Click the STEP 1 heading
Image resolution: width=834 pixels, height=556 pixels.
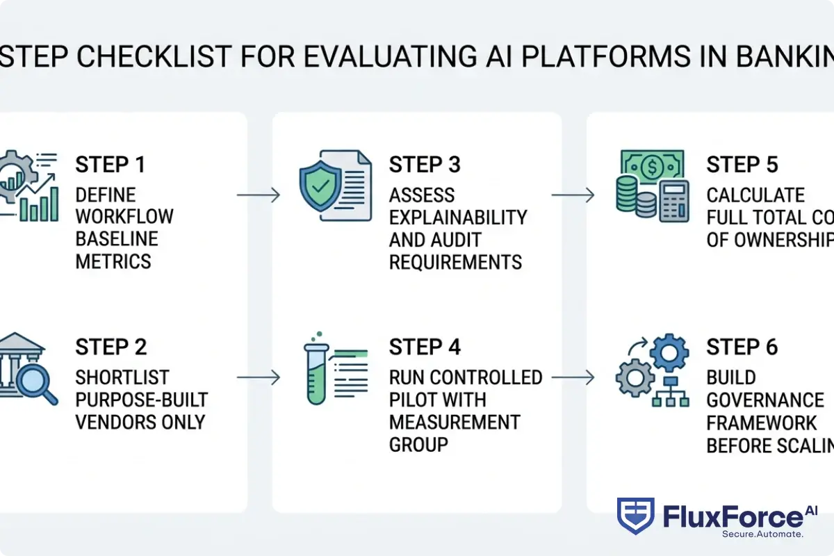click(x=111, y=165)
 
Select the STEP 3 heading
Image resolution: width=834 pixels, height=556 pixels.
click(x=425, y=165)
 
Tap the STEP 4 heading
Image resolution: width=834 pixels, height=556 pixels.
click(x=425, y=347)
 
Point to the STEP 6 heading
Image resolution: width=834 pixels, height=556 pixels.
click(x=742, y=347)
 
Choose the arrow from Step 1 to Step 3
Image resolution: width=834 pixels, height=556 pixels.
click(x=258, y=195)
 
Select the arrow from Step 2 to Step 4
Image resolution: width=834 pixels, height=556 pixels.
click(x=258, y=377)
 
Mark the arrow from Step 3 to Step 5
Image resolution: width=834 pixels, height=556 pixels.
click(x=573, y=195)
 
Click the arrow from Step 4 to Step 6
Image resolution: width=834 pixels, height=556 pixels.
click(x=573, y=377)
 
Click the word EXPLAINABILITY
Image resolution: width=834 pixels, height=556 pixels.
click(x=458, y=217)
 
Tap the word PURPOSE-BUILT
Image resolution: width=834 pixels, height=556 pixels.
click(x=142, y=400)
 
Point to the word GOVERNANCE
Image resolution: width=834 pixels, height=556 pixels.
click(x=765, y=400)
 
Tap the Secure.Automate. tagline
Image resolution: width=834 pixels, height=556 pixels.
click(x=762, y=534)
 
